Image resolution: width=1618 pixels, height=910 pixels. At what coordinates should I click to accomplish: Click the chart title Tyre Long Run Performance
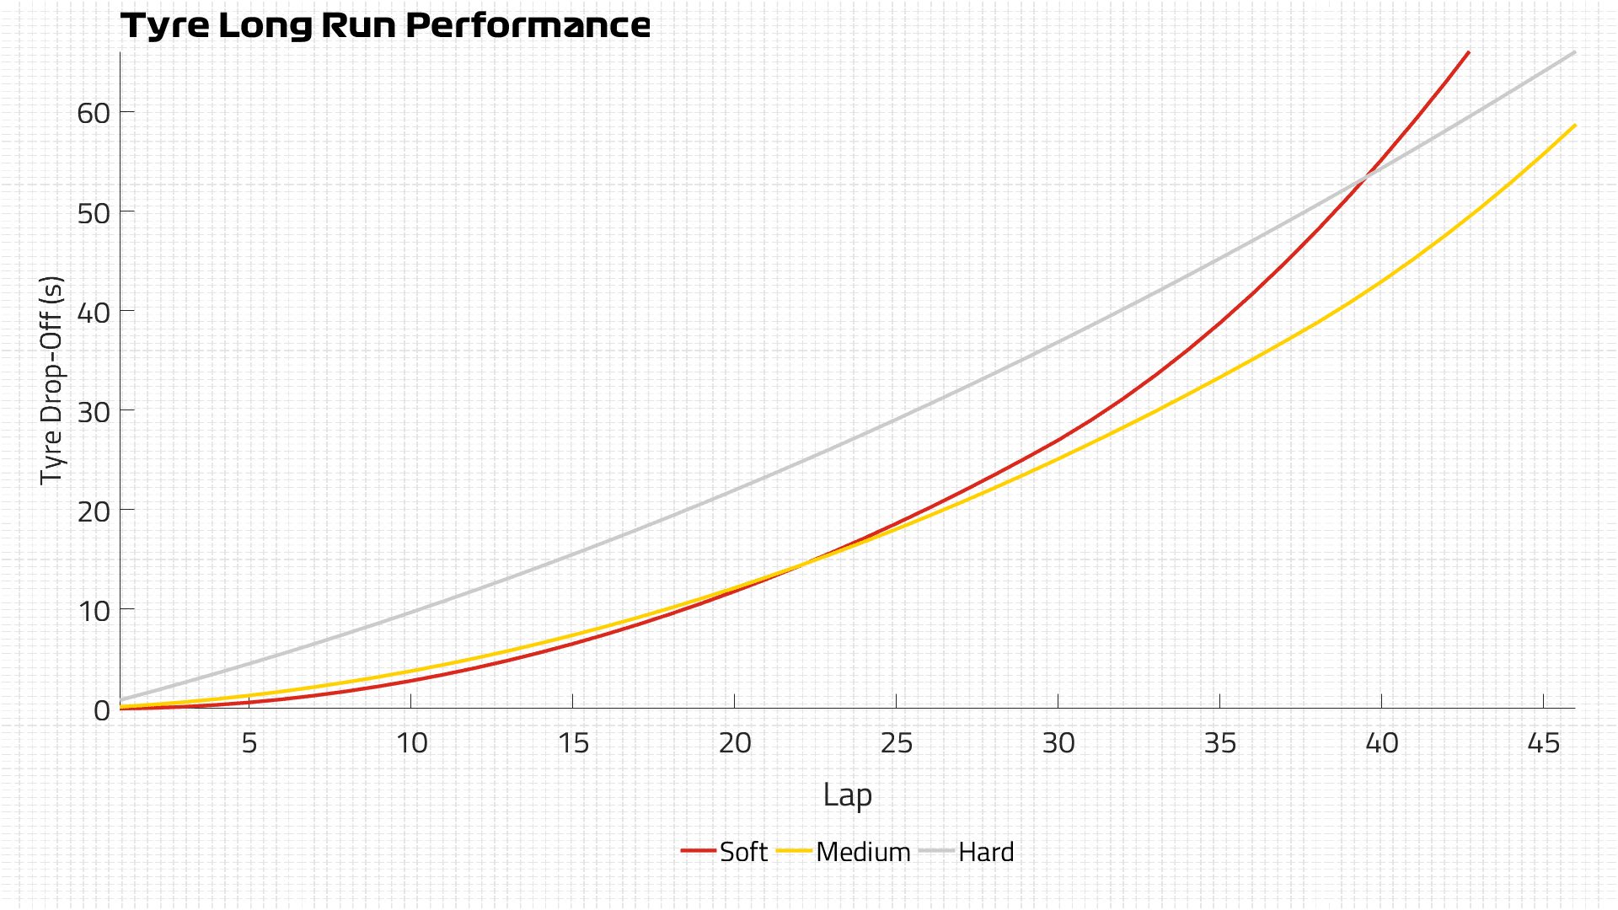point(385,25)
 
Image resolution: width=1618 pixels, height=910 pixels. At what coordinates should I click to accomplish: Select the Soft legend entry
point(725,852)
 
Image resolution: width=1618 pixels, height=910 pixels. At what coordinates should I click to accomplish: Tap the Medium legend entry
point(844,852)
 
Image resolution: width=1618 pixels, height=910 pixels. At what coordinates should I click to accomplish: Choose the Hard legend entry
point(967,852)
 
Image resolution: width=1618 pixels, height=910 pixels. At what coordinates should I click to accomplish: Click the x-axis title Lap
point(847,795)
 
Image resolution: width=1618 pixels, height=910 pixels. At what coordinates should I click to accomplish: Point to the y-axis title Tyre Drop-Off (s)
point(52,379)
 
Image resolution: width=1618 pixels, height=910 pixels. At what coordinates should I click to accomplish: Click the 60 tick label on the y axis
point(94,113)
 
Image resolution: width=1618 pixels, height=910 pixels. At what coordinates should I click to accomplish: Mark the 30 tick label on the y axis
point(94,411)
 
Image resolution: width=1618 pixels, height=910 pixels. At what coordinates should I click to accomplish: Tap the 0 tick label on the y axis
point(102,710)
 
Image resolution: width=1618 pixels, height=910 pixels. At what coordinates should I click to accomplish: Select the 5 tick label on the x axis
point(249,743)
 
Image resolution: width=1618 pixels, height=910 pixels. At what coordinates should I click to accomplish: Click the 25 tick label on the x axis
point(897,743)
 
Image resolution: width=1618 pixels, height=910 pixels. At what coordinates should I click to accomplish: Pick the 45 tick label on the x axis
point(1544,743)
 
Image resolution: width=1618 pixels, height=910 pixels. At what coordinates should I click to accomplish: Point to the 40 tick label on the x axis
point(1382,743)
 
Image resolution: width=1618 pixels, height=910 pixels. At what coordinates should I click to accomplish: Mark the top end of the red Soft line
point(1469,52)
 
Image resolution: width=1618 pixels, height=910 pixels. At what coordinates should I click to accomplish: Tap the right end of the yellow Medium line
point(1575,125)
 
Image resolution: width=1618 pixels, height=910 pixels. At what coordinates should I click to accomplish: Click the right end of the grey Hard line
point(1575,52)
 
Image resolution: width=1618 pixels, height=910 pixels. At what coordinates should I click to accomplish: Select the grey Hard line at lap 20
point(734,490)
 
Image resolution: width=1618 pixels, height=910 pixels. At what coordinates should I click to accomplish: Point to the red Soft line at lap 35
point(1220,324)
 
